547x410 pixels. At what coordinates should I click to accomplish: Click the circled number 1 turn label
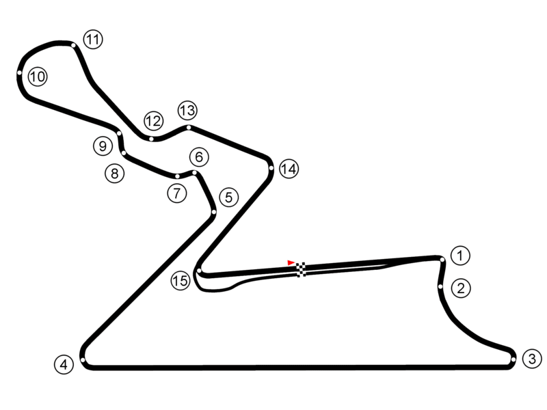(462, 256)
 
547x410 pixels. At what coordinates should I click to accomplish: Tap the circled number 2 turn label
(462, 288)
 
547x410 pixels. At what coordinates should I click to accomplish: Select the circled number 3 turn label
(533, 358)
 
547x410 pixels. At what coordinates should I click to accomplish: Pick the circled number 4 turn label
(64, 364)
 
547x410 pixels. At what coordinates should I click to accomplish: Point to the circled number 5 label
(228, 198)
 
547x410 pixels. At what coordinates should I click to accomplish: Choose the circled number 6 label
(198, 157)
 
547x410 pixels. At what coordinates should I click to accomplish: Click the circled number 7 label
(176, 193)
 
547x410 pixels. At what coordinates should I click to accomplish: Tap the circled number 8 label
(114, 174)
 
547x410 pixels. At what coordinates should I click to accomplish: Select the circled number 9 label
(103, 146)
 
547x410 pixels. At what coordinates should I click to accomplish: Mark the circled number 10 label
(38, 77)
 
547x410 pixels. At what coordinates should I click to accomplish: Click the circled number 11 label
(93, 40)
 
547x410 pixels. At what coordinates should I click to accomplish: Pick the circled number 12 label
(153, 122)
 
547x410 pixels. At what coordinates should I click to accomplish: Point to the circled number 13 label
(187, 110)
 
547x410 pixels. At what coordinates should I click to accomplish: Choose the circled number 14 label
(289, 169)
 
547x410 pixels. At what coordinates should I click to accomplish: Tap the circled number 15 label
(181, 280)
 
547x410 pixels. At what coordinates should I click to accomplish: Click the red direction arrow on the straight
(291, 262)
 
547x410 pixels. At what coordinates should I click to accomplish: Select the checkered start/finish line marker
(301, 269)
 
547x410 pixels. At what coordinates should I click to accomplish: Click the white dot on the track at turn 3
(513, 358)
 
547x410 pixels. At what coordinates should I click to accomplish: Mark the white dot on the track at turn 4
(82, 360)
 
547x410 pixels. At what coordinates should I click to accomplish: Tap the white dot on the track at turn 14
(271, 168)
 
